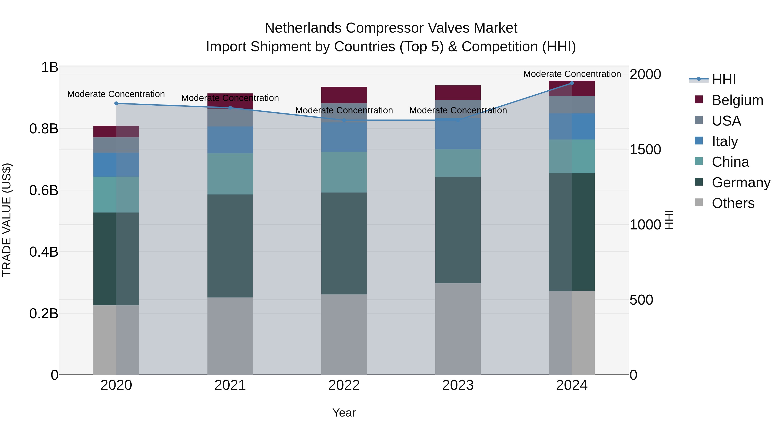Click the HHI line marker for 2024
pos(572,83)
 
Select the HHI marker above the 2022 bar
pos(344,120)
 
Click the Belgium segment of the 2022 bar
pos(344,95)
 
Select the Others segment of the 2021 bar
pos(230,336)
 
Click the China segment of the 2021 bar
pos(230,174)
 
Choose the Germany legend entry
pos(741,183)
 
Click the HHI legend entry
pos(724,80)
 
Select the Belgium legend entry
pos(737,100)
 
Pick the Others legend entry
pos(733,203)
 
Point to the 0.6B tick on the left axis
pos(44,190)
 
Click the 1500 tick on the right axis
pos(645,149)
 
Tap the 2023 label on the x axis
pos(458,385)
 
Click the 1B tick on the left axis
pos(50,67)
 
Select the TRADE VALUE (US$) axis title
pos(7,220)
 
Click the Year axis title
pos(344,413)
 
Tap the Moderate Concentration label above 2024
pos(572,74)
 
